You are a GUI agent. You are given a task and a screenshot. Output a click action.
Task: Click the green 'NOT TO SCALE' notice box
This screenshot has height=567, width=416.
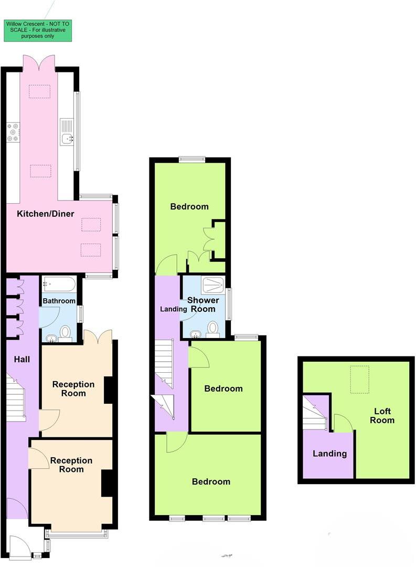pos(37,30)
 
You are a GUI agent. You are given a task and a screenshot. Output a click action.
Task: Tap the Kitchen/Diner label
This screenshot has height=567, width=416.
pos(46,214)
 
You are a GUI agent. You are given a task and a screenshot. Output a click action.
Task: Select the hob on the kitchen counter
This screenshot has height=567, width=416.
pos(13,132)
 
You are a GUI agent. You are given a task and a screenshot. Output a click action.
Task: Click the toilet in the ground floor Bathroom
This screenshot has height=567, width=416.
pos(66,332)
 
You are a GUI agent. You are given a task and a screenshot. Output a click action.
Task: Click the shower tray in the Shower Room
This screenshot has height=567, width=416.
pos(212,285)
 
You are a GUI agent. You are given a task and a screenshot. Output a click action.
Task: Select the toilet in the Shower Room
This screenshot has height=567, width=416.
pos(213,329)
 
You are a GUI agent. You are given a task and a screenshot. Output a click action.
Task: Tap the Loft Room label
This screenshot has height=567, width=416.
pos(382,416)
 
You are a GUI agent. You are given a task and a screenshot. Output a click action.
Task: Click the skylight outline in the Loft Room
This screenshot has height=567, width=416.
pos(359,376)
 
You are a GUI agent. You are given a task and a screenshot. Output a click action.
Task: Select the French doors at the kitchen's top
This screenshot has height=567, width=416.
pos(39,64)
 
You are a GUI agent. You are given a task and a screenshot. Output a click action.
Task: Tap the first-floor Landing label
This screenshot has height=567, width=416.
pos(173,309)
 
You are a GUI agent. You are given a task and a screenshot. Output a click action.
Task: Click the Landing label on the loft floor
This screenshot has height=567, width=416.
pos(329,454)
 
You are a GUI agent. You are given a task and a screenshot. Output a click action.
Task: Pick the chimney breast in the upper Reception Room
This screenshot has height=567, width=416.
pos(109,390)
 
